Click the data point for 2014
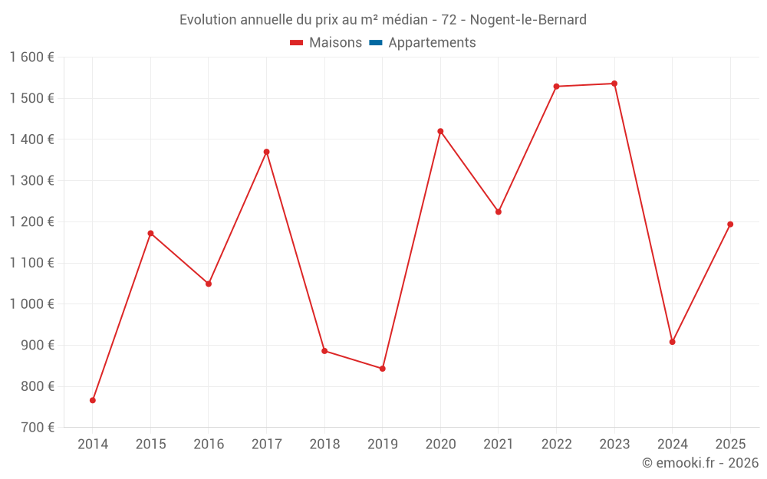pos(93,400)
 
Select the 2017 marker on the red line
pos(266,152)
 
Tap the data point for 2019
pos(382,369)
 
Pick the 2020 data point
pos(440,131)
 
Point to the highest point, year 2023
pos(614,84)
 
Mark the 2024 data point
pos(672,342)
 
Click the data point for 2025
pos(730,225)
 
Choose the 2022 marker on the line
pos(556,87)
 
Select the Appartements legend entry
pos(432,43)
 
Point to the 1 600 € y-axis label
pos(32,57)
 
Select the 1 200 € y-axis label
pos(32,222)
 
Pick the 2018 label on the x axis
pos(324,445)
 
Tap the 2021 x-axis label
pos(499,445)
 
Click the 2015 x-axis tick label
pos(150,445)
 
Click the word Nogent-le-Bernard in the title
pos(528,20)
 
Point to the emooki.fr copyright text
pos(700,463)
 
